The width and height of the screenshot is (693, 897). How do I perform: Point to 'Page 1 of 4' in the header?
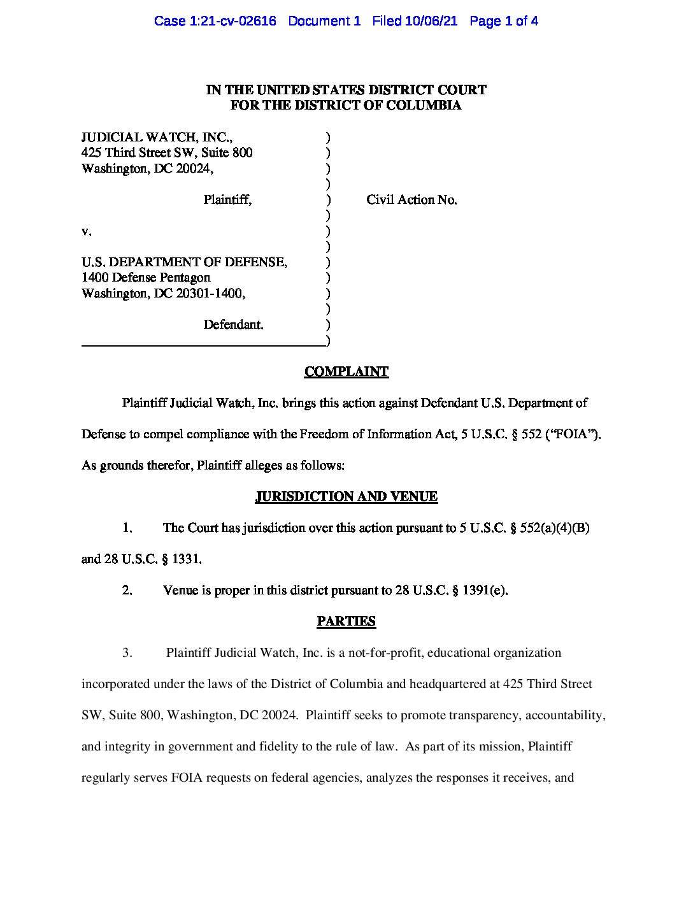[x=503, y=21]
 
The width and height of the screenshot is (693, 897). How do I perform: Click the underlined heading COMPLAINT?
[x=346, y=371]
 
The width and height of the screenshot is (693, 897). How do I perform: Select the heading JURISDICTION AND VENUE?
[x=346, y=496]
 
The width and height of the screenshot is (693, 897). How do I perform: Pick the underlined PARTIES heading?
[x=346, y=621]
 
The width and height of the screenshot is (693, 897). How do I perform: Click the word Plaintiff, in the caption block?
[x=227, y=200]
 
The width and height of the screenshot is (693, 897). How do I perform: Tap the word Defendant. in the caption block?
[x=233, y=325]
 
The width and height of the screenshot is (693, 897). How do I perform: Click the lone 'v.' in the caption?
[x=86, y=231]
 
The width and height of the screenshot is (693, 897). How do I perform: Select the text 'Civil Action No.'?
[x=411, y=200]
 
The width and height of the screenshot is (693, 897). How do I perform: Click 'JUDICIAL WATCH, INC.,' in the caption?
[x=157, y=138]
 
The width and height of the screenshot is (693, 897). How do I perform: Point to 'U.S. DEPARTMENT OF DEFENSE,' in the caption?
[x=184, y=262]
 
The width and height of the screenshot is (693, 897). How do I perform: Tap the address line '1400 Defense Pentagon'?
[x=146, y=278]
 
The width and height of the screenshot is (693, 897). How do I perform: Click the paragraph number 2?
[x=127, y=591]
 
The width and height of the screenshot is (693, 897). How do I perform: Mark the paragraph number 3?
[x=127, y=653]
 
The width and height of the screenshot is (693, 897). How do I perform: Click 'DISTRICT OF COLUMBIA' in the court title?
[x=378, y=106]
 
